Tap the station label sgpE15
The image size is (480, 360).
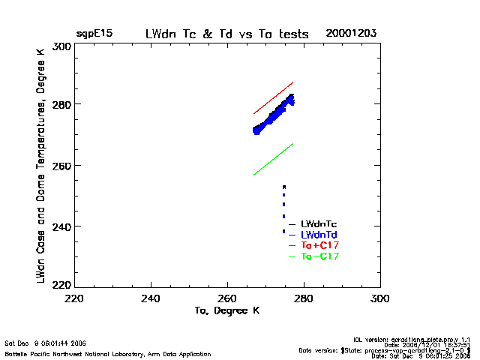(93, 34)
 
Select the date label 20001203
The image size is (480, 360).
(351, 34)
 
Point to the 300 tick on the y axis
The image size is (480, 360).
(62, 46)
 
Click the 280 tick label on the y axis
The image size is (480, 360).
(62, 104)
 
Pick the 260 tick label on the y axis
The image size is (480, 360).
(62, 165)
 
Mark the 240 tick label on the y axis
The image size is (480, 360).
(62, 226)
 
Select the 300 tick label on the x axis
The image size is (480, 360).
(380, 298)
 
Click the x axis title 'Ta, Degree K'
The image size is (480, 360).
(227, 310)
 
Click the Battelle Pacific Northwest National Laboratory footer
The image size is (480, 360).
(108, 353)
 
